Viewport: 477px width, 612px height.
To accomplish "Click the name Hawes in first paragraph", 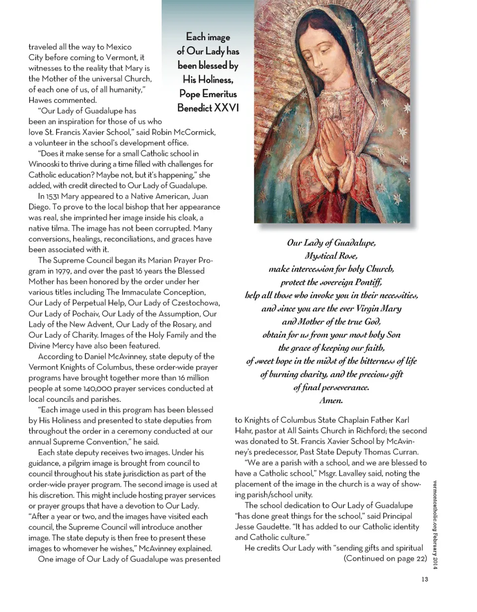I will [x=41, y=99].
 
